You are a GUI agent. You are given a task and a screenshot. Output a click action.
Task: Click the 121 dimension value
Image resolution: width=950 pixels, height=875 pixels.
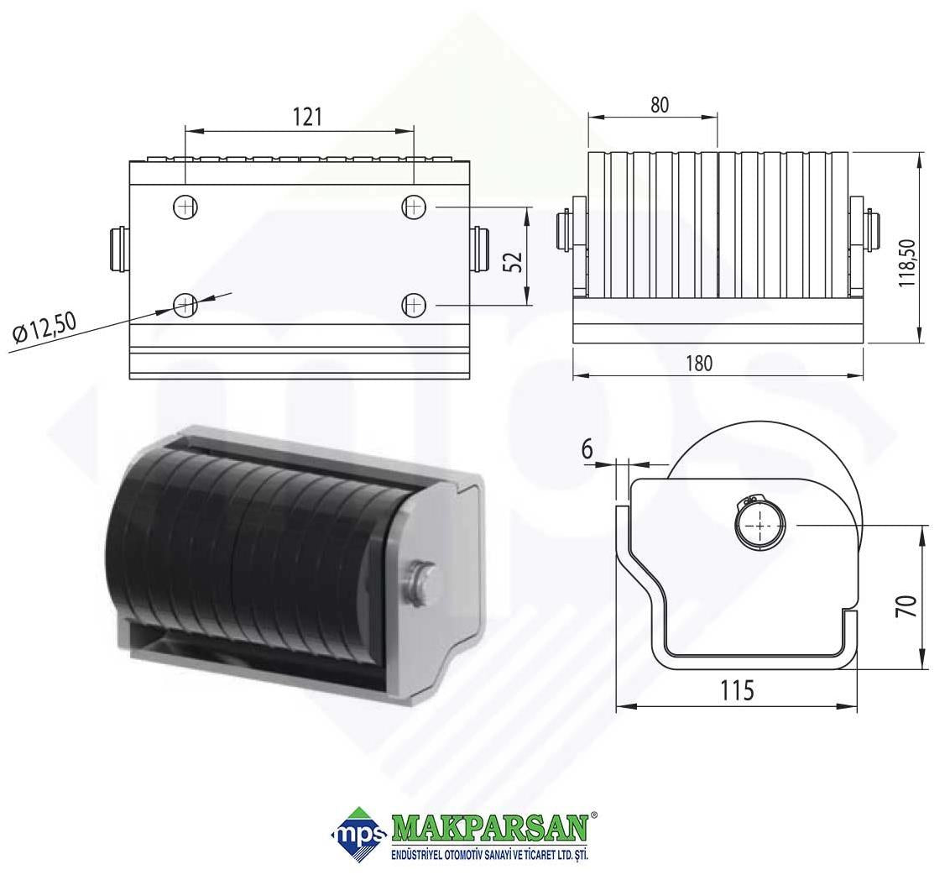pos(307,117)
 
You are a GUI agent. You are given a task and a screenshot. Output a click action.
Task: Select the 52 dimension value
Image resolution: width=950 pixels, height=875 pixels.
pos(513,261)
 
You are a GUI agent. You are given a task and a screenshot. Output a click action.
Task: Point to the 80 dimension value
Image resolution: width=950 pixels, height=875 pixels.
pos(660,105)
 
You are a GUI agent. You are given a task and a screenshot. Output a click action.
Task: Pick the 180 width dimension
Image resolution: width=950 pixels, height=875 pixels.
pos(698,364)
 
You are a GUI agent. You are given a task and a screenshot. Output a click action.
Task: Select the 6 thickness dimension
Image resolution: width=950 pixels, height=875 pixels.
pos(586,450)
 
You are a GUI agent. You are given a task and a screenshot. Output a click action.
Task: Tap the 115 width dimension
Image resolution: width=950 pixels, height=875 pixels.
pos(737,690)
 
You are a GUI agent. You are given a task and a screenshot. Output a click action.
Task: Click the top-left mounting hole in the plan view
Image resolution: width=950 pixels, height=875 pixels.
pos(185,207)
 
